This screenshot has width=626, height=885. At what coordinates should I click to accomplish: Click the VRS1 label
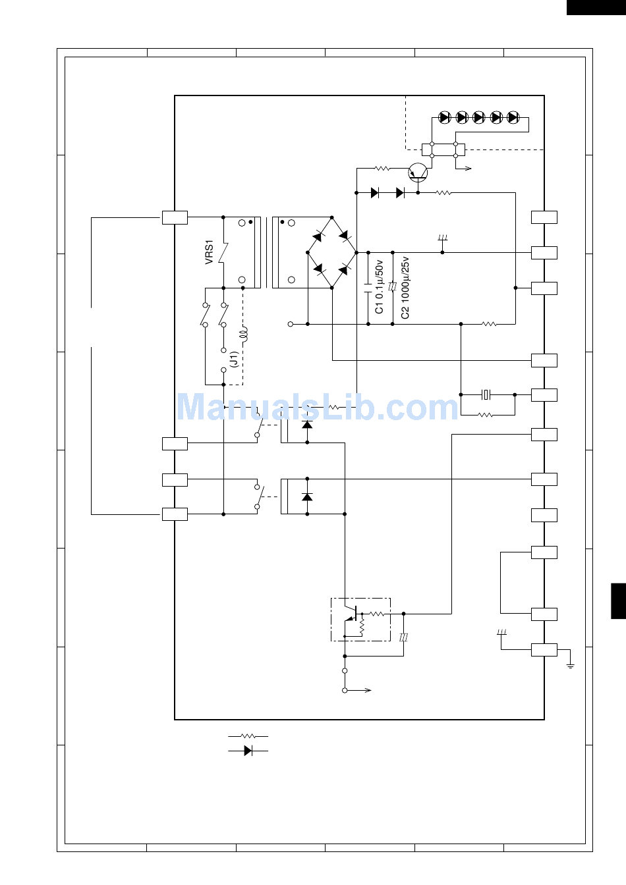click(209, 252)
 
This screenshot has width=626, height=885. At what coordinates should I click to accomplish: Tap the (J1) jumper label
click(234, 359)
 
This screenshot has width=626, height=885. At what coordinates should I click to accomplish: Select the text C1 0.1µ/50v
click(379, 287)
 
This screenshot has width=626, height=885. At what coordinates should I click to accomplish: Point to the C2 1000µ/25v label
click(405, 288)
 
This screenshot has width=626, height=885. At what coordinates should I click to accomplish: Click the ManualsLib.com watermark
click(318, 407)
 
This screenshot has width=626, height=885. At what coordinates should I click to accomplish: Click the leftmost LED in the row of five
click(445, 117)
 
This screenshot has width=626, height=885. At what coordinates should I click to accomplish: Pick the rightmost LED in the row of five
click(513, 117)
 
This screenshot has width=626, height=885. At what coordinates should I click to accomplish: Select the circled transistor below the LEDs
click(418, 173)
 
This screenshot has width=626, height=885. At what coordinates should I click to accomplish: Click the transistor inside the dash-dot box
click(352, 614)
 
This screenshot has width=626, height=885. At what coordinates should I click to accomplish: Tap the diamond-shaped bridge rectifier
click(332, 252)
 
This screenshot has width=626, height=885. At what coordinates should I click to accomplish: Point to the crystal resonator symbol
click(486, 394)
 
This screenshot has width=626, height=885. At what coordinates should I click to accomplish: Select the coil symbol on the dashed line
click(244, 334)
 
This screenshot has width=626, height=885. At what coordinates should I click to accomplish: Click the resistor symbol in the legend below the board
click(248, 736)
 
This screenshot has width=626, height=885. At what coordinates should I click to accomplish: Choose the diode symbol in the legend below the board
click(248, 751)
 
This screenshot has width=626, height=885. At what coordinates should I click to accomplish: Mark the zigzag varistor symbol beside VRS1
click(224, 252)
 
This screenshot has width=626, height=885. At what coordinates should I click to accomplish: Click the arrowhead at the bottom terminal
click(368, 690)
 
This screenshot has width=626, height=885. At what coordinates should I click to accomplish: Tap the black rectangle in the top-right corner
click(596, 7)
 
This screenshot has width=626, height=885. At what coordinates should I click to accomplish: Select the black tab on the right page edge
click(619, 601)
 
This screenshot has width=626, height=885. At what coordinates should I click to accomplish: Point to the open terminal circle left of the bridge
click(291, 324)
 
